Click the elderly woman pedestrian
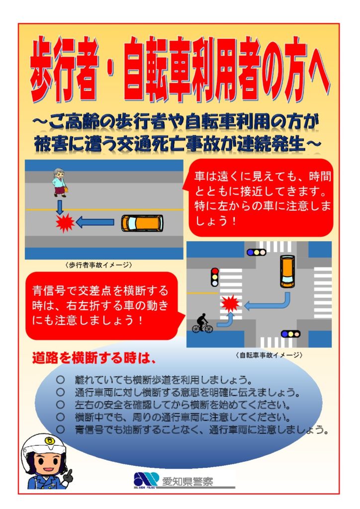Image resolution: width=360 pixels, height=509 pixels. (60, 182)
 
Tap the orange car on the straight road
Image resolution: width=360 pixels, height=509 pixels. (142, 223)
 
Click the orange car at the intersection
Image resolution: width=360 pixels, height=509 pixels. (287, 271)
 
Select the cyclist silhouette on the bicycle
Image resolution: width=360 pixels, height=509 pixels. (202, 323)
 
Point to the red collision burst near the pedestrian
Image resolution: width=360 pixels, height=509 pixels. (65, 223)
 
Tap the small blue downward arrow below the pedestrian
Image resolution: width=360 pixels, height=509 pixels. (60, 207)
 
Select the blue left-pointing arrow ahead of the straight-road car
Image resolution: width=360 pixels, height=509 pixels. (95, 222)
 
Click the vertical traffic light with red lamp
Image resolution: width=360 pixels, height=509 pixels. (215, 277)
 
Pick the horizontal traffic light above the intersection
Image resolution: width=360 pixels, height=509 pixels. (257, 252)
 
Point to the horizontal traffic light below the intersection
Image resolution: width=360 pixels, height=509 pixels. (290, 334)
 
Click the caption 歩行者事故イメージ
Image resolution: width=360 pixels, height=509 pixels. (98, 265)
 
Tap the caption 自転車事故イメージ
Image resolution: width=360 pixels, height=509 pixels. (269, 355)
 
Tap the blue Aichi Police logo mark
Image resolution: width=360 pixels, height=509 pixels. (146, 480)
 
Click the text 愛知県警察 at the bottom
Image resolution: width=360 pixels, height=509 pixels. (187, 481)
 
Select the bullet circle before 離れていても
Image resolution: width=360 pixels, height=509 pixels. (60, 379)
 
